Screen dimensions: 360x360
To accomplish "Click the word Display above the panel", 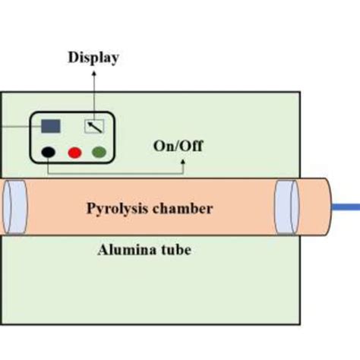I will [93, 58].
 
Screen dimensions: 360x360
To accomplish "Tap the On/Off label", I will [178, 146].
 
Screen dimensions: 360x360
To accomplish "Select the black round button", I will [49, 152].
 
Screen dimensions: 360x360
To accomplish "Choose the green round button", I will [99, 152].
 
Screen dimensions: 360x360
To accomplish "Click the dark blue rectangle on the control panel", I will [52, 125].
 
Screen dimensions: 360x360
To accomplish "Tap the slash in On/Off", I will [179, 146].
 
